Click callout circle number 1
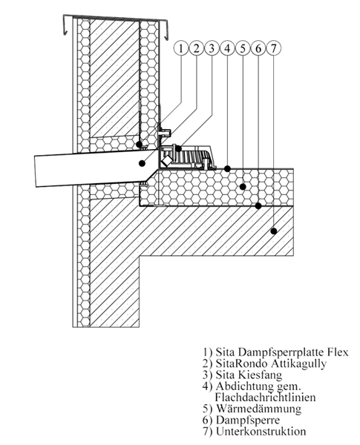(180, 48)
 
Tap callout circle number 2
(196, 48)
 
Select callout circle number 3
(212, 48)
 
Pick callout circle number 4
(227, 48)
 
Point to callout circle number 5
(243, 48)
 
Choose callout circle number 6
(258, 48)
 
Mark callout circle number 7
(273, 48)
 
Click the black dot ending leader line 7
(274, 231)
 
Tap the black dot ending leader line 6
(258, 205)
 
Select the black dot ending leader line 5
(243, 187)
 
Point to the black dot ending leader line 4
(227, 168)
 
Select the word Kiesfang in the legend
(259, 375)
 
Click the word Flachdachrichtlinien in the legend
(265, 397)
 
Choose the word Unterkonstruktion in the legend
(261, 432)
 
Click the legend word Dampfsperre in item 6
(248, 420)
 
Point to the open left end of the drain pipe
(36, 171)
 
